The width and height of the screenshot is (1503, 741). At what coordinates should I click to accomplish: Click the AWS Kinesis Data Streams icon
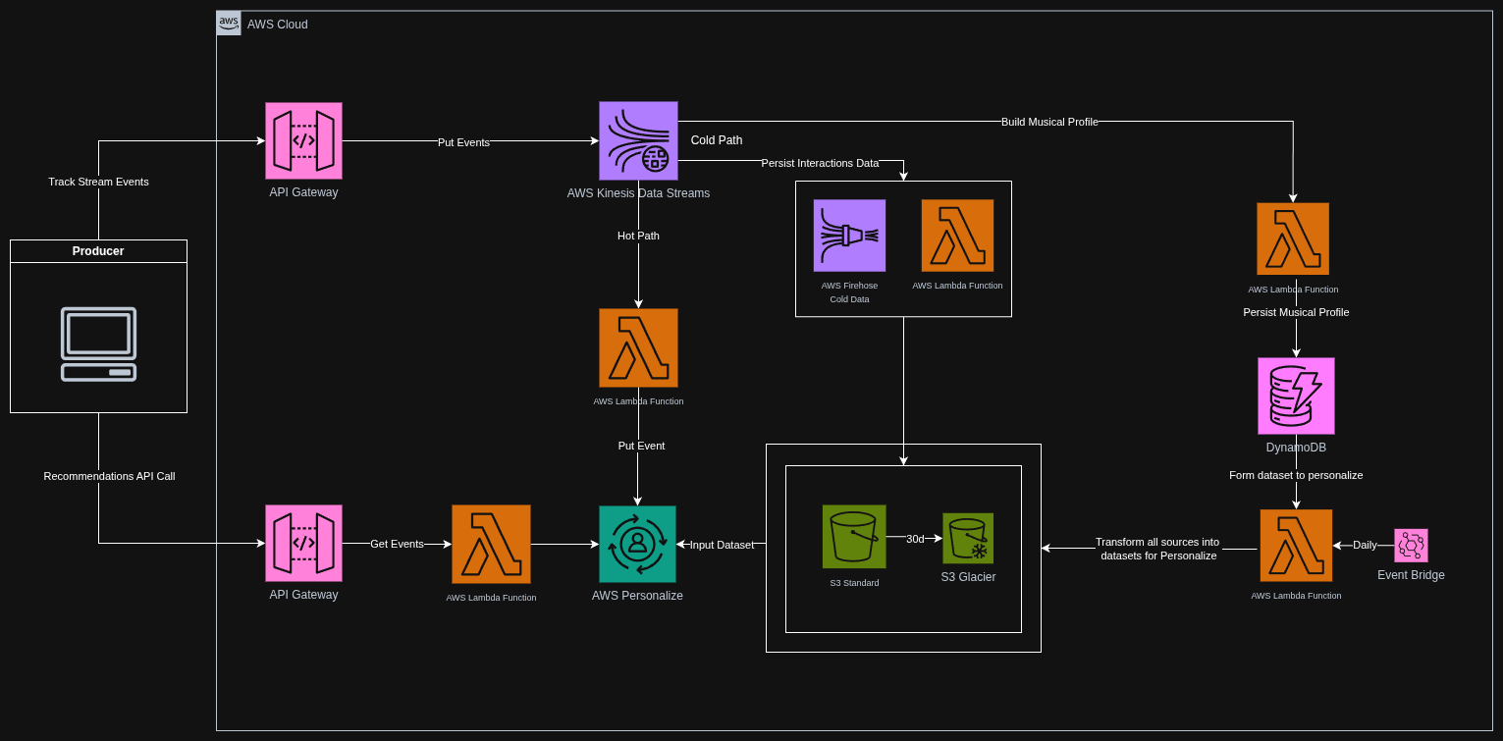(x=638, y=140)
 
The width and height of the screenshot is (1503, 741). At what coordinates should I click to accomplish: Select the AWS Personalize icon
(x=637, y=544)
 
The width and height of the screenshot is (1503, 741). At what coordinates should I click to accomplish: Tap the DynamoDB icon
(x=1296, y=396)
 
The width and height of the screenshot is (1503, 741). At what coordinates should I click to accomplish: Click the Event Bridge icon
(x=1411, y=545)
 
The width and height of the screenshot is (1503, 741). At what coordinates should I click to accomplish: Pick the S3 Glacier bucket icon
(x=968, y=538)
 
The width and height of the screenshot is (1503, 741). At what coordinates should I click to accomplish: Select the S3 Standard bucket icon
(x=854, y=536)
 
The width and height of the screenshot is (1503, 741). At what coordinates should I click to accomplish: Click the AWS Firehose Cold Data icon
(x=849, y=236)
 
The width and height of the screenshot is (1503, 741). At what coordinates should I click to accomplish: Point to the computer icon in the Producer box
(x=98, y=344)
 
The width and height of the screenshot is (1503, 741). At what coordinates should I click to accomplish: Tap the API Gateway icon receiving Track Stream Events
(x=303, y=141)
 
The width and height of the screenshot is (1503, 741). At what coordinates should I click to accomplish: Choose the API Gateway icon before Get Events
(x=303, y=543)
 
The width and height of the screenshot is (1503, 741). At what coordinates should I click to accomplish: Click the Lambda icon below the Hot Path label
(x=638, y=347)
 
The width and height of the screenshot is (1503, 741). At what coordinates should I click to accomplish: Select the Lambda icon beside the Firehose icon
(x=957, y=236)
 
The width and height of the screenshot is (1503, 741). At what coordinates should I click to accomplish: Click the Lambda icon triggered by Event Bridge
(x=1296, y=545)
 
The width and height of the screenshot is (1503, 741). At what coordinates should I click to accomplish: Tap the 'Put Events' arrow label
(x=463, y=142)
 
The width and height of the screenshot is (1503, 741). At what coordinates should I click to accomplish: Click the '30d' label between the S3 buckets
(x=915, y=539)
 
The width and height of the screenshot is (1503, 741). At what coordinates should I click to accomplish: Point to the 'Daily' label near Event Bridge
(x=1365, y=545)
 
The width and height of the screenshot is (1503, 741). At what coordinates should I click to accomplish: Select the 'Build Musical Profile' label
(x=1049, y=122)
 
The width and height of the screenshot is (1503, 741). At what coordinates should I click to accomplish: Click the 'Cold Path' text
(x=717, y=140)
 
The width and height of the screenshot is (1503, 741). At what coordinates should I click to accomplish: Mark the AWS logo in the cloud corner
(x=229, y=24)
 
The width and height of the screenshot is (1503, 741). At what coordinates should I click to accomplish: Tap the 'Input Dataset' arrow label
(x=722, y=545)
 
